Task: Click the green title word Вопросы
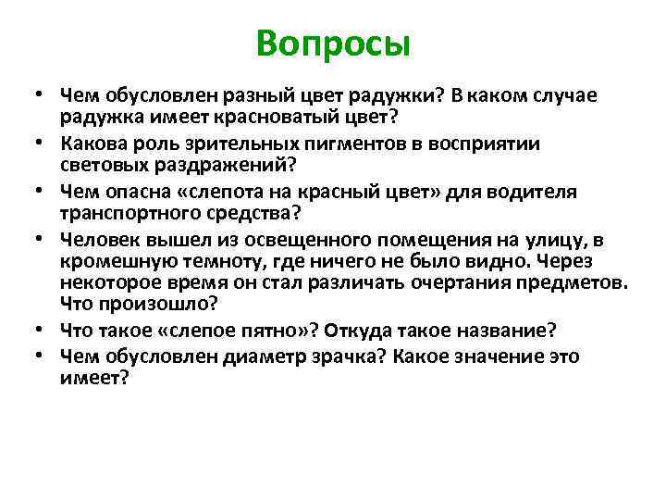pyautogui.click(x=333, y=43)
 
